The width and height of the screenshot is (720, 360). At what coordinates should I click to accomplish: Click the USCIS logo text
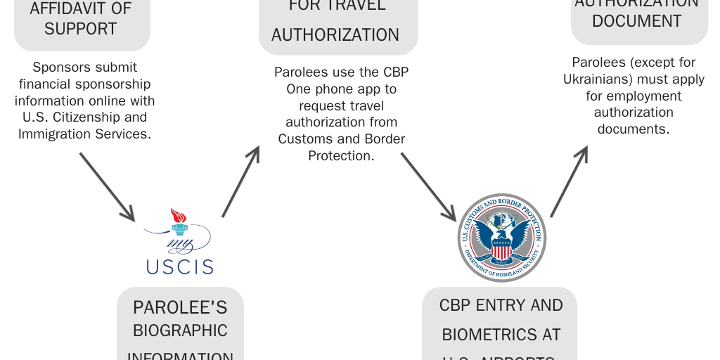coord(179,266)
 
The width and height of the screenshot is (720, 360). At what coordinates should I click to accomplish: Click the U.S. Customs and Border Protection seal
coord(501,238)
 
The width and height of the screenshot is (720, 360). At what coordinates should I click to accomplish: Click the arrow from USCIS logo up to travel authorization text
coord(241,181)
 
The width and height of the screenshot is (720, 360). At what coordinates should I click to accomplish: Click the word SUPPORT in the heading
coord(80,30)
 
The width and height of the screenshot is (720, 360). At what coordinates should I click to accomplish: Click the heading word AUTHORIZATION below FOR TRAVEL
coord(335,34)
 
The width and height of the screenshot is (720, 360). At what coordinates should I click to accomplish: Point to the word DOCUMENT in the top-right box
coord(636,21)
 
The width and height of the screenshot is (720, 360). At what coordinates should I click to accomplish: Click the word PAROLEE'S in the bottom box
coord(180,307)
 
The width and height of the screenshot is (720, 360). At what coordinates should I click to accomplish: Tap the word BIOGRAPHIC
coord(180,330)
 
